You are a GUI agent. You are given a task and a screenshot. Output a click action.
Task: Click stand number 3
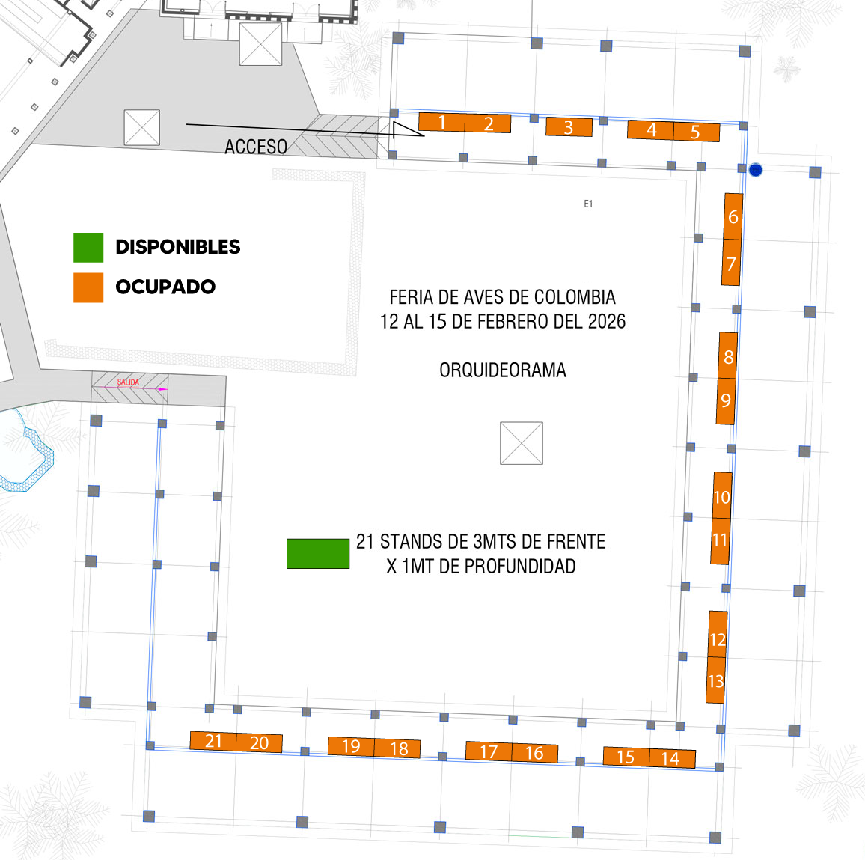569,127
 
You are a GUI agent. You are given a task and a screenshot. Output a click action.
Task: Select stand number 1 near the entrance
441,122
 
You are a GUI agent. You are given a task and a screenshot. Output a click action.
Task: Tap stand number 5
696,132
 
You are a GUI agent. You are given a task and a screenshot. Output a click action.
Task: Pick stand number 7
731,263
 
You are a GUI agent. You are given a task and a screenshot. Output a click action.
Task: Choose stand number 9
725,400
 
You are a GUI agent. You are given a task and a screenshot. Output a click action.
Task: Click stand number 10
722,495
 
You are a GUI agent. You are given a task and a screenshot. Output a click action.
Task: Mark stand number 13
715,680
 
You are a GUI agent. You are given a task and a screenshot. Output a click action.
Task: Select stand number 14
672,757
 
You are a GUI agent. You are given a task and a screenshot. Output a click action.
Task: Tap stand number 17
489,751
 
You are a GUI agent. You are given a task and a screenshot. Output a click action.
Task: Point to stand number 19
351,746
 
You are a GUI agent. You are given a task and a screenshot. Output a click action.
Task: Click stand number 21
213,741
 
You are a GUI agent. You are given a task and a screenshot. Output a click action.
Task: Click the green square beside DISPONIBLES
88,248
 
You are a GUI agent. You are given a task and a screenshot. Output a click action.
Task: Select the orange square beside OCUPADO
88,287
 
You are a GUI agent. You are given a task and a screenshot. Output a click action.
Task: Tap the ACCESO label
256,147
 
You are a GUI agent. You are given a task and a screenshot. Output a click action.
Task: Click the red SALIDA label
128,382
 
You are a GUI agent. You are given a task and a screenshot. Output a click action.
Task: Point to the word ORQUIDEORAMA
503,370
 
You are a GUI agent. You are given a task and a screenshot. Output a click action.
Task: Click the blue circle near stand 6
756,170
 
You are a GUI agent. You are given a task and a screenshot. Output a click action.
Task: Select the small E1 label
588,204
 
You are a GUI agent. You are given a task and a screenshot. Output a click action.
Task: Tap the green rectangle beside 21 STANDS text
318,553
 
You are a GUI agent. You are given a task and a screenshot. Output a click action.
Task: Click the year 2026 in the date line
607,322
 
